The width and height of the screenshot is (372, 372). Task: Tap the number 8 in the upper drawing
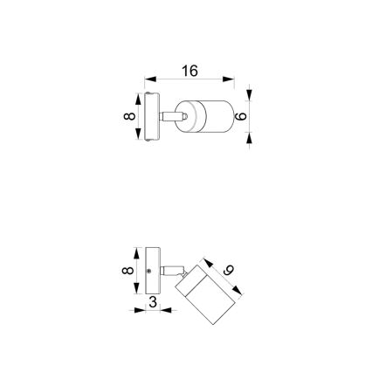[x=128, y=116]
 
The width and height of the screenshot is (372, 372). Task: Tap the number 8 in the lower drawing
[x=128, y=272]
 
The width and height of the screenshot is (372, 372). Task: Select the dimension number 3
[x=154, y=302]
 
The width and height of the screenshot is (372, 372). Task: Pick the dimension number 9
[x=228, y=272]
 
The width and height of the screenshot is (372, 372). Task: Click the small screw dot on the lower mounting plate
[x=149, y=272]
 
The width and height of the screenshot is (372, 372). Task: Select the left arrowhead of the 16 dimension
[x=148, y=79]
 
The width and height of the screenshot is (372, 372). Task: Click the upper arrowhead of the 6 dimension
[x=250, y=95]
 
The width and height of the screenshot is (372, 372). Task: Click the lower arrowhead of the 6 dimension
[x=250, y=136]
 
